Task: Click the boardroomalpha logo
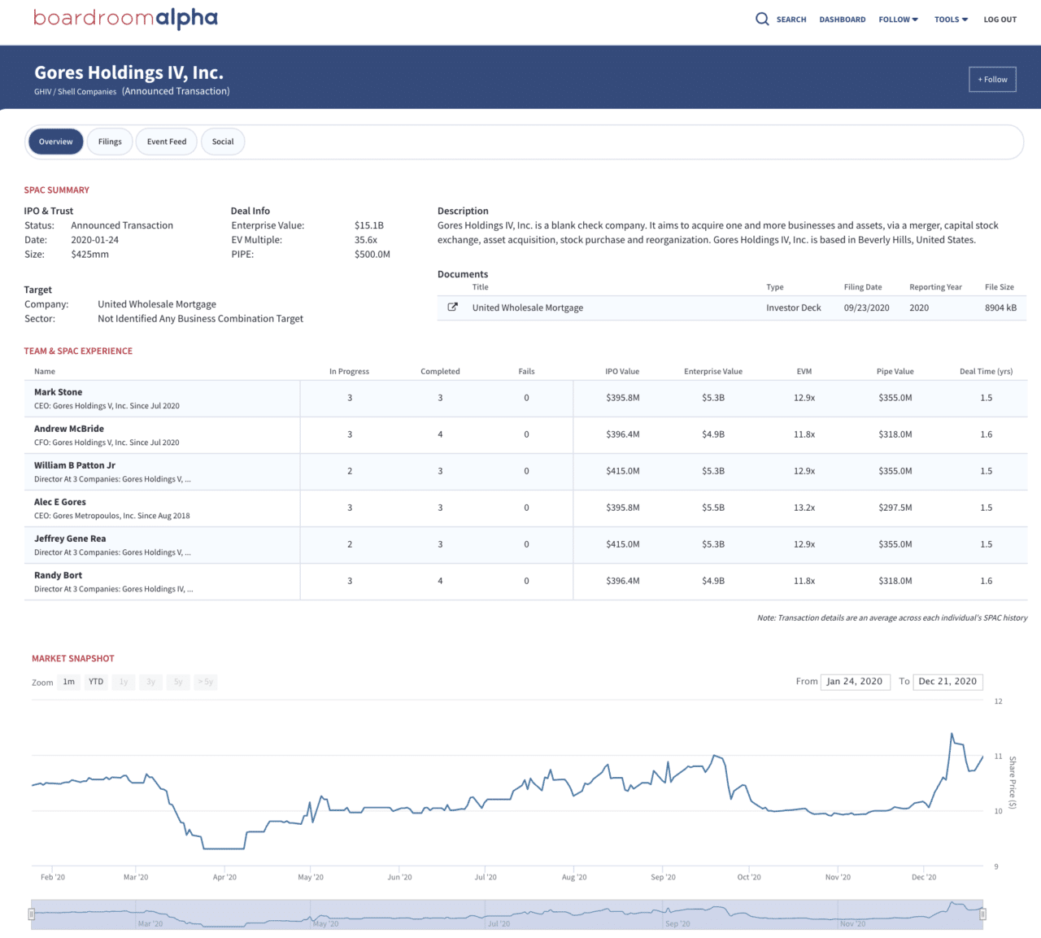click(125, 18)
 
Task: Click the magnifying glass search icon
click(762, 19)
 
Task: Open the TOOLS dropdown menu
click(951, 20)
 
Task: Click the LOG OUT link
click(1000, 20)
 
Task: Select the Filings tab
click(110, 142)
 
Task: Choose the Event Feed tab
click(167, 142)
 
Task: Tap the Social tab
click(223, 142)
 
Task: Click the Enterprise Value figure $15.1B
click(369, 225)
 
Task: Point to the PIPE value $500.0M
click(372, 255)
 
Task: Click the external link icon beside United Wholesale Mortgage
click(453, 308)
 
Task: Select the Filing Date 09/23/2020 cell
click(866, 308)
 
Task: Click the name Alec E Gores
click(60, 502)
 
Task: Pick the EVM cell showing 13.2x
click(804, 508)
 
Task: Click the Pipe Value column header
click(895, 372)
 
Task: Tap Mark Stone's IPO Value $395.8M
click(622, 398)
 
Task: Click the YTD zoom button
click(96, 682)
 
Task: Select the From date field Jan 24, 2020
click(854, 682)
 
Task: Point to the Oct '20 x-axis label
click(749, 877)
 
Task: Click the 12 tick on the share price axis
click(998, 701)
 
